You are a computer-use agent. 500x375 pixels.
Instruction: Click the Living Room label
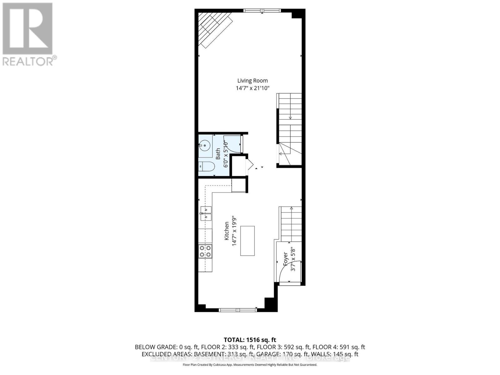coord(252,81)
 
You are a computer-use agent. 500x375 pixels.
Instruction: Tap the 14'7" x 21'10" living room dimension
coord(252,88)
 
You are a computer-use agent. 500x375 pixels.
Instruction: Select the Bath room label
coord(218,154)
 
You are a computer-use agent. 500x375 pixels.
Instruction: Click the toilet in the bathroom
coord(207,167)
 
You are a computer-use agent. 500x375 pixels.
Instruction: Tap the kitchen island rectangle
coord(247,241)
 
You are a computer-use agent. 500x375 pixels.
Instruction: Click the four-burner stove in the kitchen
coord(205,251)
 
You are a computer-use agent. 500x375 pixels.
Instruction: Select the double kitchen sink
coord(206,213)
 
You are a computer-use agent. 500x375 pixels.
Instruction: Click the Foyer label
coord(285,259)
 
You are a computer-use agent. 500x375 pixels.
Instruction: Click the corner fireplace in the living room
coord(212,28)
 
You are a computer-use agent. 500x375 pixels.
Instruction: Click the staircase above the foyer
coord(291,224)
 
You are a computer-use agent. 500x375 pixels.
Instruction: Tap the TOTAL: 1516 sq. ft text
coord(250,340)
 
